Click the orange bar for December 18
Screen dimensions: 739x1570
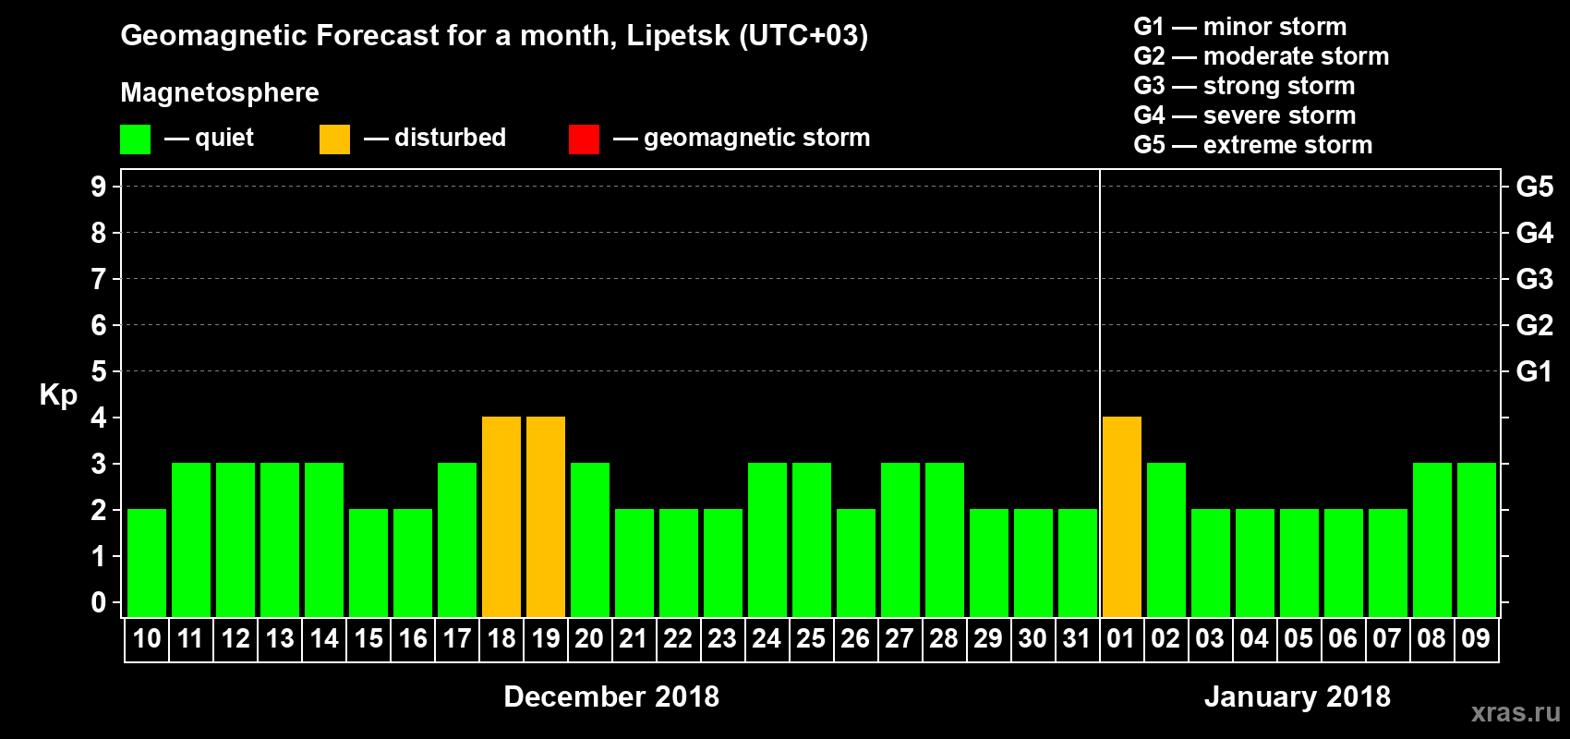tap(501, 516)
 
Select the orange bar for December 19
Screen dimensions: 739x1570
tap(546, 516)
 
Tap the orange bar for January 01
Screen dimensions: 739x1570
tap(1122, 516)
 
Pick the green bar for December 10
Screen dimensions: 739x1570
tap(147, 563)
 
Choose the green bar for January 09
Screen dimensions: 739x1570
tap(1477, 539)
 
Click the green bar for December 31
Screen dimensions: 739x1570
tap(1078, 563)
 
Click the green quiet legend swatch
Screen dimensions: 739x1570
tap(136, 139)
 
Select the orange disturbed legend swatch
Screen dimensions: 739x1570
tap(334, 139)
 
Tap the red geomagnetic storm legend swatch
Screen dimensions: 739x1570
tap(584, 139)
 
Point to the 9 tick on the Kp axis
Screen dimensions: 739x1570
tap(99, 187)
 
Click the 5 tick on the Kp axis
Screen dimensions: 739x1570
tap(99, 371)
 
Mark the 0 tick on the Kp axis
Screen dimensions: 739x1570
tap(99, 602)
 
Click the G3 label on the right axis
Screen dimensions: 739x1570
tap(1534, 279)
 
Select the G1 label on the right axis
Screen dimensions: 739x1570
tap(1534, 371)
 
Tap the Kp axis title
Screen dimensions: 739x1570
tap(58, 395)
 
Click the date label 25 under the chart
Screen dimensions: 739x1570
tap(811, 638)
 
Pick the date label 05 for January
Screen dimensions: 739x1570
tap(1298, 638)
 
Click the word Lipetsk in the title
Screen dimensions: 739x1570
tap(678, 36)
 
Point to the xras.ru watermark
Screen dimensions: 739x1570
tap(1516, 712)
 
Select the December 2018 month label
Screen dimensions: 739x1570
tap(611, 697)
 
